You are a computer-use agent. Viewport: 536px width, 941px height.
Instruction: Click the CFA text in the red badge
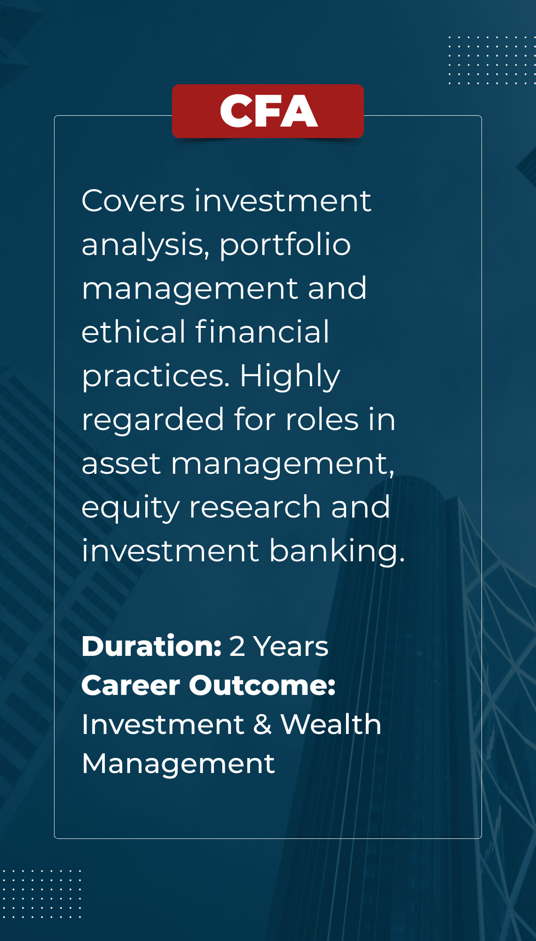pyautogui.click(x=268, y=111)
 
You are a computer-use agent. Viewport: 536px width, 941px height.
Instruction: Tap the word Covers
pyautogui.click(x=133, y=201)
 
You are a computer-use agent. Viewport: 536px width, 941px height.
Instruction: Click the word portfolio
pyautogui.click(x=285, y=246)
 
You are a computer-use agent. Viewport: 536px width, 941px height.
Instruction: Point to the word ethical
pyautogui.click(x=134, y=331)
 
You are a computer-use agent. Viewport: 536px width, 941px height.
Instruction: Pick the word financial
pyautogui.click(x=262, y=331)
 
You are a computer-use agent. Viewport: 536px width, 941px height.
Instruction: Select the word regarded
pyautogui.click(x=153, y=420)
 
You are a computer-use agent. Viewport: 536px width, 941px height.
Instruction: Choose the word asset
pyautogui.click(x=121, y=463)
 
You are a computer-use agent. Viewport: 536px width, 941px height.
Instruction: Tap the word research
pyautogui.click(x=255, y=507)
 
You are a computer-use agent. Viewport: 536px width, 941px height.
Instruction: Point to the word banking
pyautogui.click(x=337, y=551)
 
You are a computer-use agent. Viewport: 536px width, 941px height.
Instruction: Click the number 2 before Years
pyautogui.click(x=237, y=646)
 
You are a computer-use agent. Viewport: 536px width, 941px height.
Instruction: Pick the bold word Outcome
pyautogui.click(x=262, y=686)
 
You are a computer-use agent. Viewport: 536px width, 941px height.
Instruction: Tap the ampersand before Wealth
pyautogui.click(x=263, y=725)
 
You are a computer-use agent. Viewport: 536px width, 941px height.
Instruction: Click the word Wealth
pyautogui.click(x=331, y=724)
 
